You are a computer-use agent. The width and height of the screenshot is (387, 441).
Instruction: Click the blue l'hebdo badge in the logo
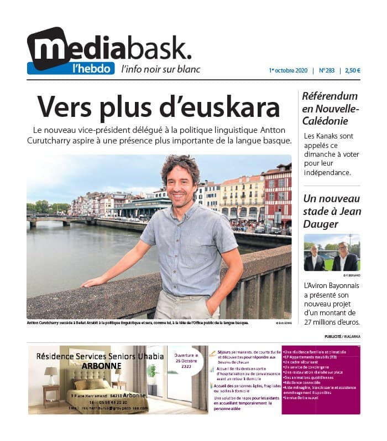pos(70,68)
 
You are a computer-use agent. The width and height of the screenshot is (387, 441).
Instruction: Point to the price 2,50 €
pos(352,70)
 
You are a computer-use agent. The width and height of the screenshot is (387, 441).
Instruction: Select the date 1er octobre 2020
pos(288,70)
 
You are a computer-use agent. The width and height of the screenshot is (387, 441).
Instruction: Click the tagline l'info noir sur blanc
pos(161,69)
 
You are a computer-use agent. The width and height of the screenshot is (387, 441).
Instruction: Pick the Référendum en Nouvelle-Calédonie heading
pos(330,107)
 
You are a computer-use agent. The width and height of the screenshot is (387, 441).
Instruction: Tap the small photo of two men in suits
pos(332,253)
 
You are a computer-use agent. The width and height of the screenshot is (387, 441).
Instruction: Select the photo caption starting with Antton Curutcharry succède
pos(138,322)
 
